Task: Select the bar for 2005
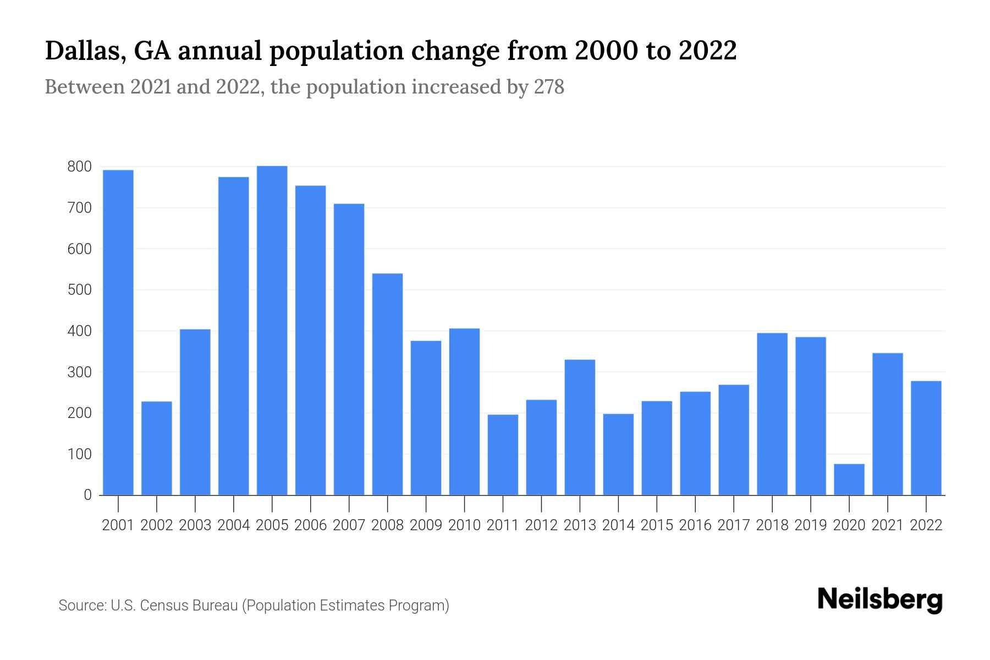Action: click(272, 330)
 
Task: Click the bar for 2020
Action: click(849, 480)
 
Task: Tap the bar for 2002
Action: click(157, 448)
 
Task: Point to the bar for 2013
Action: click(580, 427)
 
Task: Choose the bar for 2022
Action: click(926, 438)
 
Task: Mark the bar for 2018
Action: click(772, 414)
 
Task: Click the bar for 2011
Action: click(503, 455)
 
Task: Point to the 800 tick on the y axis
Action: click(79, 167)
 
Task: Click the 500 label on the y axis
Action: click(79, 290)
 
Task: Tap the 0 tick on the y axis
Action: click(87, 495)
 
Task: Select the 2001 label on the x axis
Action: click(118, 525)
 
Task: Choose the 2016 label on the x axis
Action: click(695, 525)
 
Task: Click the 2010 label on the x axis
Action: click(464, 525)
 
